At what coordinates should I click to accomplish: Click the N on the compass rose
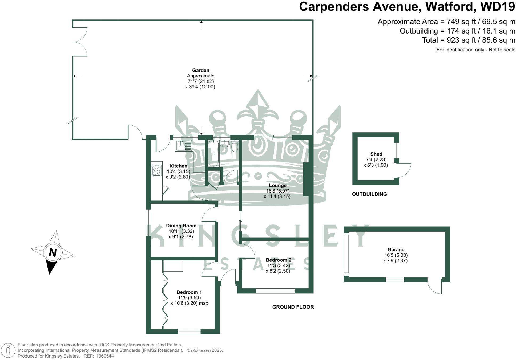53,252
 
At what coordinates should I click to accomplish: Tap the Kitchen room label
178,166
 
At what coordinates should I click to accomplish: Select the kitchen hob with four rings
157,170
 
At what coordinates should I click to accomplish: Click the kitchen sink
184,146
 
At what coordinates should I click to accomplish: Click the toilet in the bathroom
235,147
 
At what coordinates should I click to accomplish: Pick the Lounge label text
277,185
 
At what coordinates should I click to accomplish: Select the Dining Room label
181,226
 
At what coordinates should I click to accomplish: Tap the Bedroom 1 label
189,292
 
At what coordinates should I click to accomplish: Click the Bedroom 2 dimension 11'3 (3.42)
278,265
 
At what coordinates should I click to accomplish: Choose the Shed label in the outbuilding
376,154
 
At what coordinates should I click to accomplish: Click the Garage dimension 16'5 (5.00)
396,255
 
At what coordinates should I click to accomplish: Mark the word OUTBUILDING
369,194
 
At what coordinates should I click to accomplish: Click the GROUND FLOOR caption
293,307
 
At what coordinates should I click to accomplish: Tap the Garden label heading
201,70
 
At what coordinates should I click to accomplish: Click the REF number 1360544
105,356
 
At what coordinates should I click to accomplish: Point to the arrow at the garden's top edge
201,24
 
